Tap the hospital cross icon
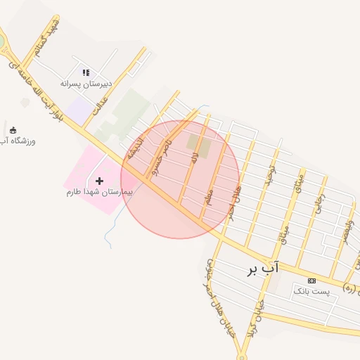[x=99, y=181]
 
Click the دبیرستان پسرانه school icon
[x=86, y=72]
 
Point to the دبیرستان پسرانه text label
[x=86, y=84]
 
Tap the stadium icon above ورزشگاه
[x=13, y=129]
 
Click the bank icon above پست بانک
[x=311, y=281]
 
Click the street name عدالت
[x=103, y=106]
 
